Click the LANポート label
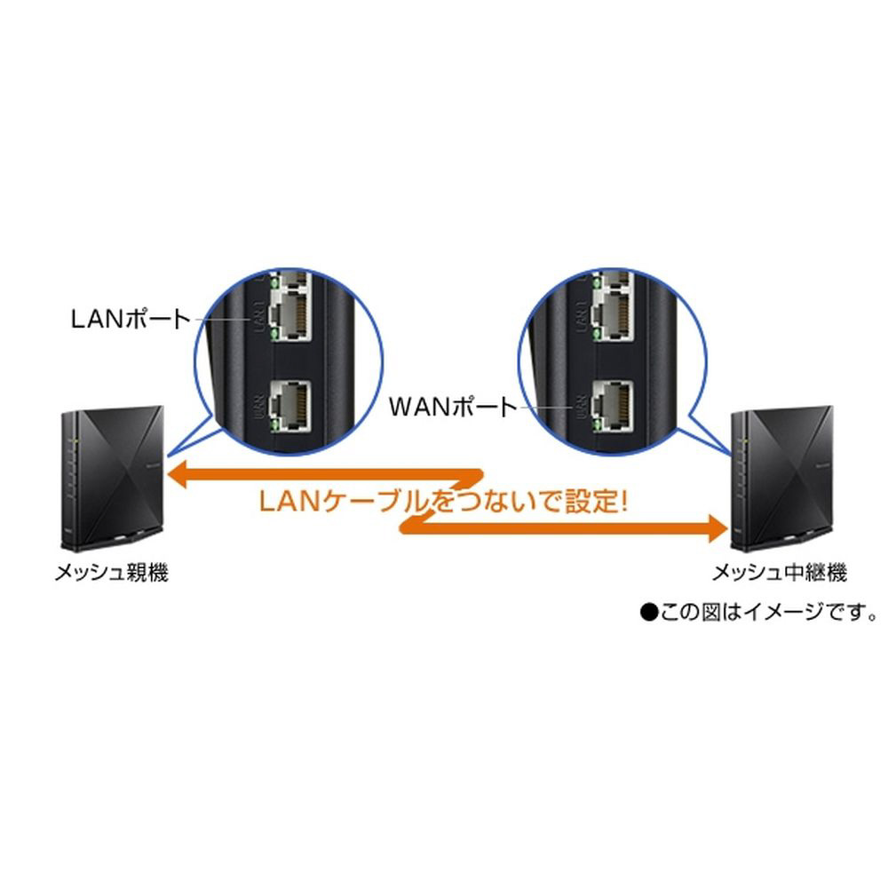pyautogui.click(x=130, y=319)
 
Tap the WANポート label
pyautogui.click(x=453, y=408)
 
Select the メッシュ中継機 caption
pyautogui.click(x=780, y=573)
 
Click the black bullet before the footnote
pyautogui.click(x=646, y=612)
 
